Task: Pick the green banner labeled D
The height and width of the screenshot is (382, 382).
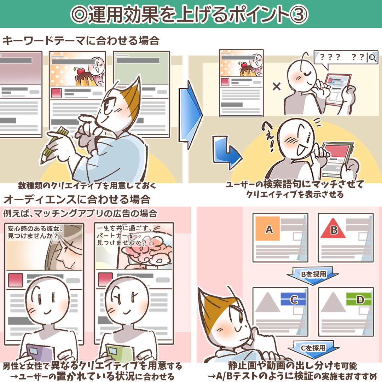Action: click(359, 300)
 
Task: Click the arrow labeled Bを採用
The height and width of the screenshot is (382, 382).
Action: click(313, 274)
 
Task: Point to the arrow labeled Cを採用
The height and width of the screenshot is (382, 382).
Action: click(313, 348)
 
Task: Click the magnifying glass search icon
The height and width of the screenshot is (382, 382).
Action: click(372, 57)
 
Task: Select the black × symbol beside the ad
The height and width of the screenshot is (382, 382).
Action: click(277, 86)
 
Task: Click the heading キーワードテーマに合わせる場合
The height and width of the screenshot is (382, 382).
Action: click(81, 41)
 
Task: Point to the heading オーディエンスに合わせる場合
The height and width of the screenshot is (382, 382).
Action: click(76, 199)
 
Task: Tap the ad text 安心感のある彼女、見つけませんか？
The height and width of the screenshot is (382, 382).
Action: click(33, 232)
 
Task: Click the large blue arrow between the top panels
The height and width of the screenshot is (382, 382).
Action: click(190, 115)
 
